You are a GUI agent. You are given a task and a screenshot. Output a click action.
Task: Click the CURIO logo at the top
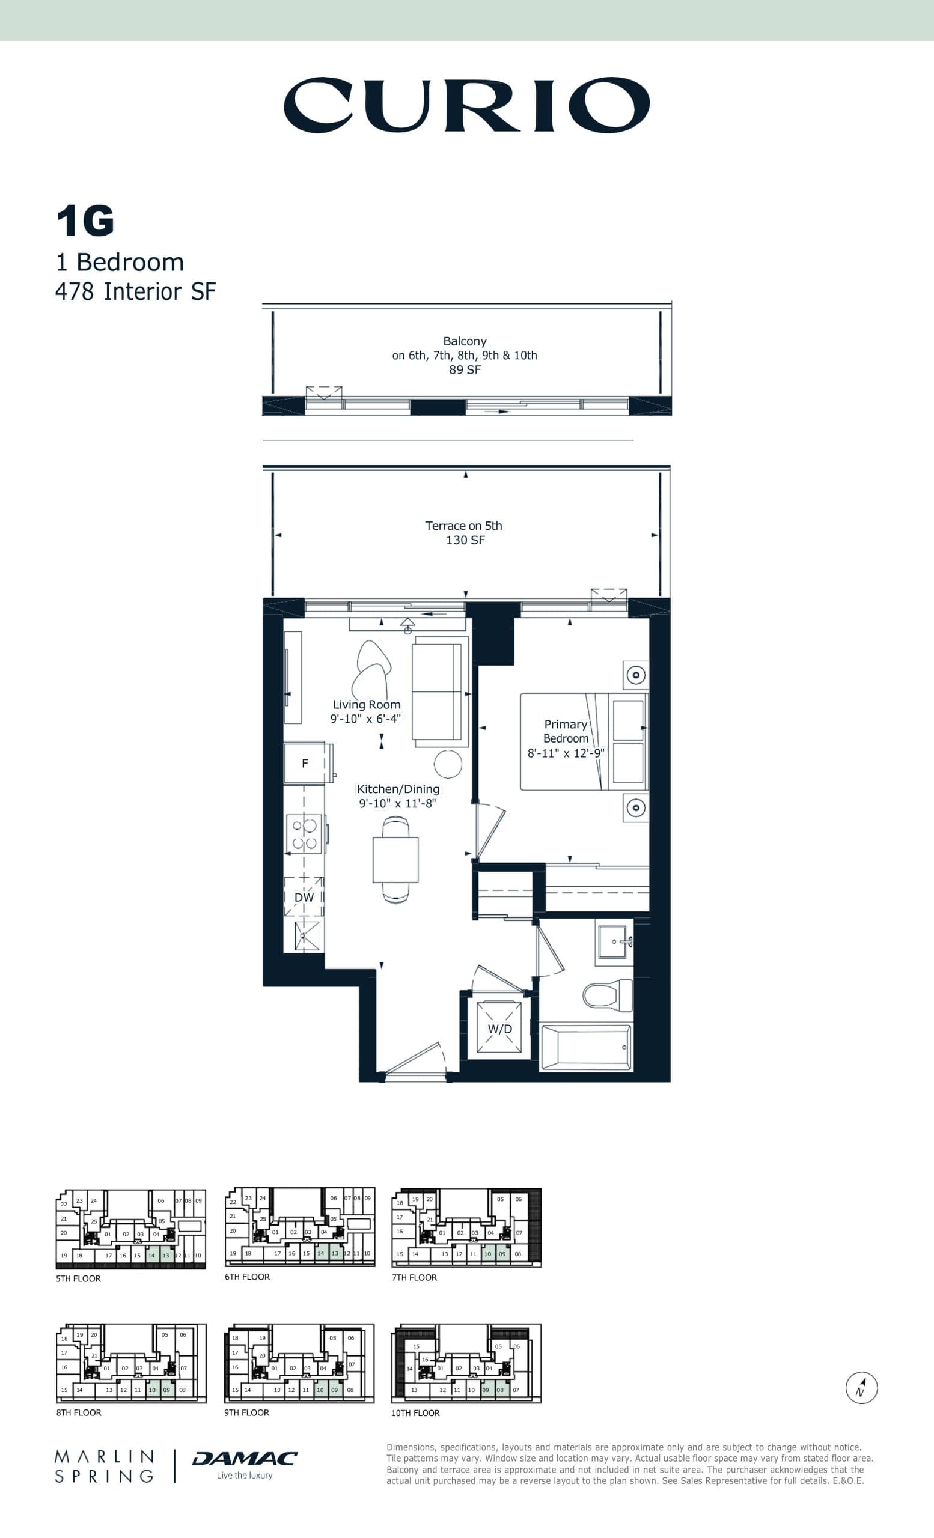click(466, 105)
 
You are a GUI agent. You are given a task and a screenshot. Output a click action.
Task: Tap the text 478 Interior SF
click(135, 291)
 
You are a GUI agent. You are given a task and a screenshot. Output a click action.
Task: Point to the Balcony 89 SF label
click(465, 355)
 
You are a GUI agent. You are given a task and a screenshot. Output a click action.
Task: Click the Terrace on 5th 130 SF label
click(464, 532)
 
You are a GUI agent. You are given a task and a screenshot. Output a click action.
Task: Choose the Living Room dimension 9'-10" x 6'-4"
click(366, 719)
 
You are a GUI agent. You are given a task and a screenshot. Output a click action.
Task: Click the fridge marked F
click(305, 763)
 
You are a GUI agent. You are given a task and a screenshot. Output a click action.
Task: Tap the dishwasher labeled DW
click(304, 897)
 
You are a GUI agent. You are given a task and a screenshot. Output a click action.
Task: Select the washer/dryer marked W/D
click(499, 1029)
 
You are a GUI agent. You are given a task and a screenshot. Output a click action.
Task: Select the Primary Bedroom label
click(566, 731)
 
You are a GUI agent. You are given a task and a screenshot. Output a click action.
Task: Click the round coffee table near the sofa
click(448, 764)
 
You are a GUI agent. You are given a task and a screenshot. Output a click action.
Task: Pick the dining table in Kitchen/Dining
click(395, 860)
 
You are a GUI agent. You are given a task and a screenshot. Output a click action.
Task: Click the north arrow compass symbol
click(862, 1388)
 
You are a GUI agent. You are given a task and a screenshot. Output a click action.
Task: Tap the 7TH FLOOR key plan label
click(415, 1278)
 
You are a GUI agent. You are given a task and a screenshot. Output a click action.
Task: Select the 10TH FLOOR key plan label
click(415, 1413)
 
